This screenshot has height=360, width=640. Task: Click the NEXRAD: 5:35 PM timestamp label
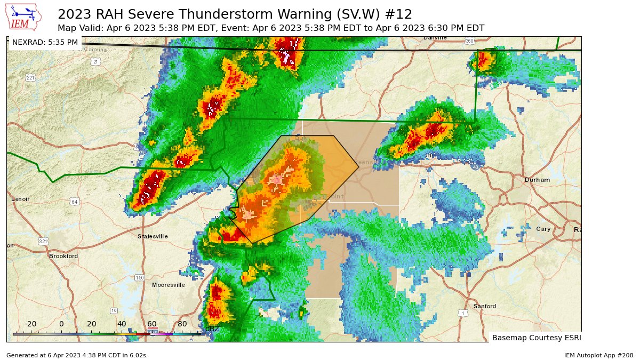click(x=45, y=42)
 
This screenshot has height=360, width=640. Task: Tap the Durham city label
click(x=537, y=180)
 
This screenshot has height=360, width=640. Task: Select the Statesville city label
click(x=153, y=236)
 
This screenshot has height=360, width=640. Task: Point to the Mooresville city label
click(x=169, y=285)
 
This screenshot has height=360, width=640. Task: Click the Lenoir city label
click(x=20, y=199)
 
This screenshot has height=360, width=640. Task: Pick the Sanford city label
click(x=485, y=306)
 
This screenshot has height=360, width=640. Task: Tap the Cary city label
click(x=543, y=229)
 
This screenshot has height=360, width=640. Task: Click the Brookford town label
click(x=63, y=256)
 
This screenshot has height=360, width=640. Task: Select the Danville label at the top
click(x=435, y=38)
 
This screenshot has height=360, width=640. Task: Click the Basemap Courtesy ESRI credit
click(x=536, y=338)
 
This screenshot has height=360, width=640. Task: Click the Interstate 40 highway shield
click(x=475, y=167)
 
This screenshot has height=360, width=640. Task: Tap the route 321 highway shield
click(x=43, y=242)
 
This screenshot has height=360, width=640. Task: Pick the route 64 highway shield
click(x=75, y=202)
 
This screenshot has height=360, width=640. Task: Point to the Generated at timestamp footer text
click(x=76, y=355)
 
